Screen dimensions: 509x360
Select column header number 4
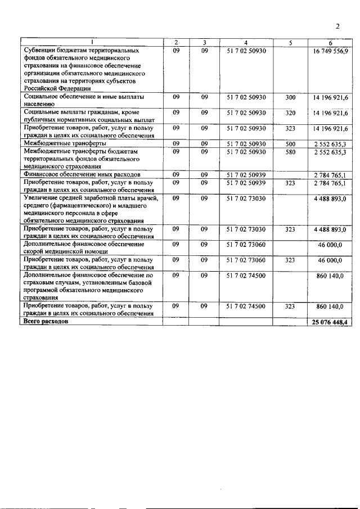point(246,43)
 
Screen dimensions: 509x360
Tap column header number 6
point(330,43)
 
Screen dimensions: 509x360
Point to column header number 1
point(92,43)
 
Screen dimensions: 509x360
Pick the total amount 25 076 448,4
point(330,322)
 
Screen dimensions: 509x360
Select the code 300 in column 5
point(290,97)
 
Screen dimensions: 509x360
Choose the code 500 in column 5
point(290,144)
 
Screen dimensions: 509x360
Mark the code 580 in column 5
point(290,152)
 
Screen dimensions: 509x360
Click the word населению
point(39,104)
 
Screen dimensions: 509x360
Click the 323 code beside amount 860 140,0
point(290,306)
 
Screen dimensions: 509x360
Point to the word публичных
point(40,120)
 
